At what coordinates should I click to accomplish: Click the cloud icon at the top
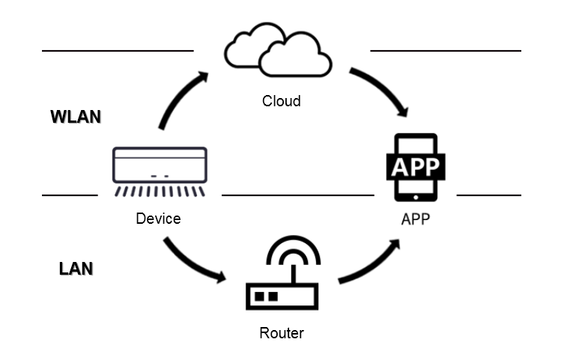278,50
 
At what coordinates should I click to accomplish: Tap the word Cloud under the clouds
281,101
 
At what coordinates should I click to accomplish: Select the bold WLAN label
75,118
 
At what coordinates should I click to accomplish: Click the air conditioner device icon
159,166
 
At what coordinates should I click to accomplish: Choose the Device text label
158,219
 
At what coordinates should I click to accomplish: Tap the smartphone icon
415,168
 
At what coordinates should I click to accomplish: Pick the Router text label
282,333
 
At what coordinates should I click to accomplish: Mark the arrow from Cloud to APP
381,89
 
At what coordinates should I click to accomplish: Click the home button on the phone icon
415,197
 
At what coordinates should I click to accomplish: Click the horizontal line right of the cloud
446,51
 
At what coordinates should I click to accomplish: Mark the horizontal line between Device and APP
297,195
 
